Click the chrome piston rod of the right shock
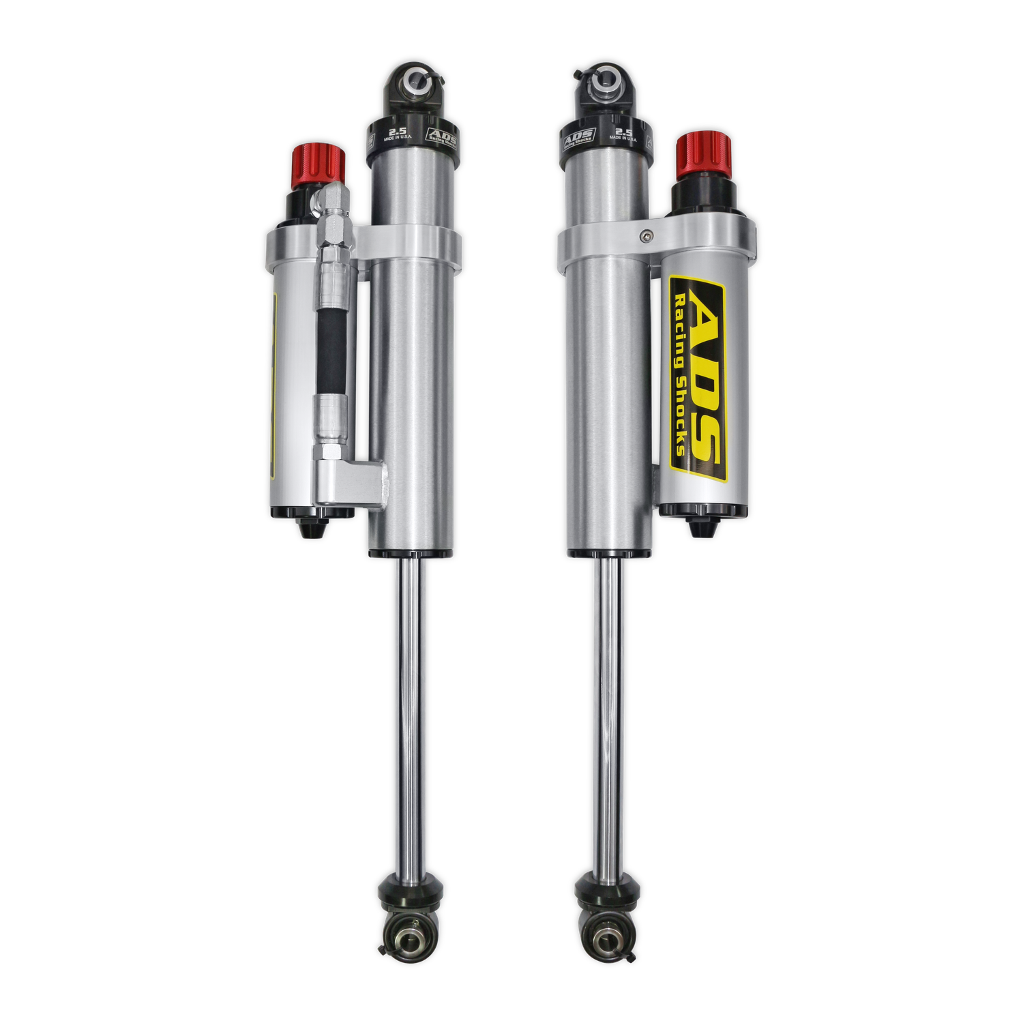607,716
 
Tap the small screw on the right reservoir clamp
645,235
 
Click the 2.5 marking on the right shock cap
623,132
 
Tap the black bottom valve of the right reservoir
702,526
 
